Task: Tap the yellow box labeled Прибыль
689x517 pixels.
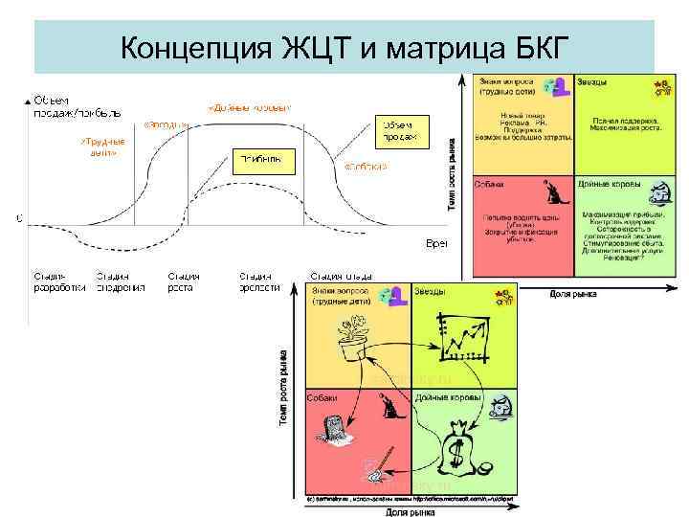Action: [259, 160]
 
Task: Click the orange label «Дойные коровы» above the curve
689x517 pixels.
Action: [250, 107]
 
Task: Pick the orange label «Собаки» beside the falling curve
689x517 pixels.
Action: [367, 166]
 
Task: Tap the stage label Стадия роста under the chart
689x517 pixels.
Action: [183, 281]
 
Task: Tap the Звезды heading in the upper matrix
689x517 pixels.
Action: [591, 83]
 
